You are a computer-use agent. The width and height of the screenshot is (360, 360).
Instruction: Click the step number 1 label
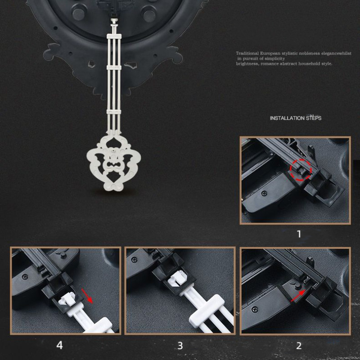(x=299, y=234)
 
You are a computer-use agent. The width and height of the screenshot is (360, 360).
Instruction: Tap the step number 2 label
(x=299, y=346)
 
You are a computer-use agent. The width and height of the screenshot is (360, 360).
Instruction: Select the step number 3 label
(x=180, y=346)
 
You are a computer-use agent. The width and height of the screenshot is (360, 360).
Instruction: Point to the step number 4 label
(x=59, y=345)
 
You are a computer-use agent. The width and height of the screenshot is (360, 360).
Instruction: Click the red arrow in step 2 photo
(x=298, y=296)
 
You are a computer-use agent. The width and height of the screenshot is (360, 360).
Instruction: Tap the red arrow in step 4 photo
(x=87, y=296)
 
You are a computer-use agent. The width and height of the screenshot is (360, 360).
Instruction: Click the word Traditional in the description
(x=247, y=53)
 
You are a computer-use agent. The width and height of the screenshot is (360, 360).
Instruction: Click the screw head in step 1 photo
(x=264, y=193)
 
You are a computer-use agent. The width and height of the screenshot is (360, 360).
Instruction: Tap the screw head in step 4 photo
(x=25, y=277)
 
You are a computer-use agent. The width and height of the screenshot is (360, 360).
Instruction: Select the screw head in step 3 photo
(x=134, y=260)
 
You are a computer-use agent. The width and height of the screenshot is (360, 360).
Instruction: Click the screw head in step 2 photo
(x=254, y=310)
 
